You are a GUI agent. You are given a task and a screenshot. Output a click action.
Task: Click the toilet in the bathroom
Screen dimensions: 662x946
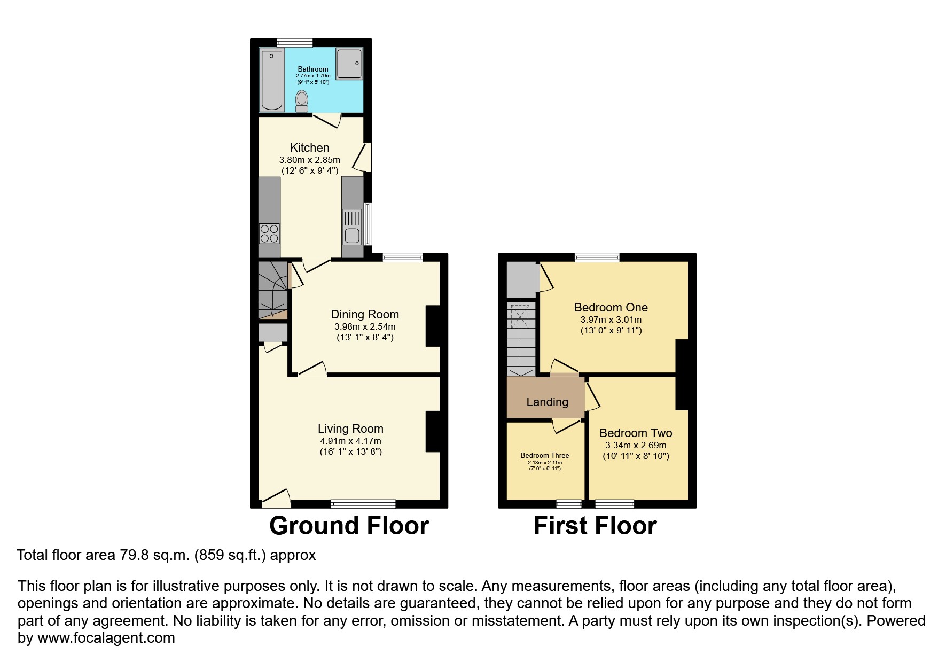click(302, 100)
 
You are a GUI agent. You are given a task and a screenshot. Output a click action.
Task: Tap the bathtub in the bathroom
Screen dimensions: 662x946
click(271, 80)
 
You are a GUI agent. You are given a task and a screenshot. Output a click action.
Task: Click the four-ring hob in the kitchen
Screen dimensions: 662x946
click(269, 233)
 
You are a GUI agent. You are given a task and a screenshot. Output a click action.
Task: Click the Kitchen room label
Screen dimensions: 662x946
click(310, 147)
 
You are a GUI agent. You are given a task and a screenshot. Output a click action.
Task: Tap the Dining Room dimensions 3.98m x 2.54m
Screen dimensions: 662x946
click(365, 326)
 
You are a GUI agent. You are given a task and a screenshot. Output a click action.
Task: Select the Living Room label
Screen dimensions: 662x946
click(350, 429)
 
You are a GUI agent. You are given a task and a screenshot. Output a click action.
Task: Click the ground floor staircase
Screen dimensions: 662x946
click(272, 290)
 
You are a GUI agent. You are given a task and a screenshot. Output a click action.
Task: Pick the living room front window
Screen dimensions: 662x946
click(363, 503)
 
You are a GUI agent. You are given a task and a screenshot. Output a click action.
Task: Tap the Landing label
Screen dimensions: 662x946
click(547, 402)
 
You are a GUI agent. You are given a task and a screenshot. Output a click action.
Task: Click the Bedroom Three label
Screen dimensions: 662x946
click(545, 456)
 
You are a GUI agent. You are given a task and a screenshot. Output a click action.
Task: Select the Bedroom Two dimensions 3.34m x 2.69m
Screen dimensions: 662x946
click(636, 445)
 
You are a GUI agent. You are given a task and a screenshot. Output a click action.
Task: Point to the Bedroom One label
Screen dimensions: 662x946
click(611, 307)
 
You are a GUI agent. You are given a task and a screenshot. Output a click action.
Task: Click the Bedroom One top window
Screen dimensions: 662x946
click(597, 258)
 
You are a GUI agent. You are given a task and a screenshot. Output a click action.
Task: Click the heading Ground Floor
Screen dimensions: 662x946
click(349, 526)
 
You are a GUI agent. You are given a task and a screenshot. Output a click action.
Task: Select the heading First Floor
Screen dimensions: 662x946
click(595, 526)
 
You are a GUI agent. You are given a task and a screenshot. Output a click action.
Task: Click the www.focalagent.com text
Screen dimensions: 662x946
click(106, 638)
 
